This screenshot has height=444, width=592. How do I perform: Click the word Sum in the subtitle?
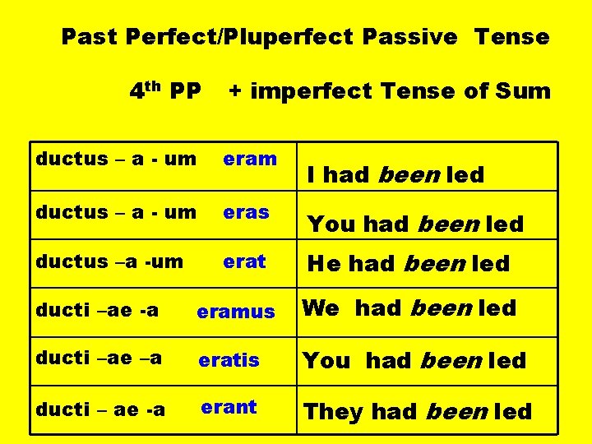tap(523, 91)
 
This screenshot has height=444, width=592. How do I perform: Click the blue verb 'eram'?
tap(250, 159)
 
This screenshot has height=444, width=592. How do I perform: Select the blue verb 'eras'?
tap(246, 211)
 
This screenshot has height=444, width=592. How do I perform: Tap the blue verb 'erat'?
tap(245, 261)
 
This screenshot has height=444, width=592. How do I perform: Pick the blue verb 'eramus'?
tap(235, 312)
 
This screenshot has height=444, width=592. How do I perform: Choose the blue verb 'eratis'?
tap(229, 359)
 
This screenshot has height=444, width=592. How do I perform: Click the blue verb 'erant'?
tap(229, 407)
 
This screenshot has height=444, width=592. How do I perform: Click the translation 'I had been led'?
tap(395, 174)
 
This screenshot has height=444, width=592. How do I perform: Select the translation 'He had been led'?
tap(408, 263)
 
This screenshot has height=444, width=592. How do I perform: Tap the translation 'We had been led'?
tap(409, 308)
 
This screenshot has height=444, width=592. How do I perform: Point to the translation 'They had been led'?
tap(418, 411)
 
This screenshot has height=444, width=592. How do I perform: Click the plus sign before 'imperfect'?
tap(235, 91)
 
